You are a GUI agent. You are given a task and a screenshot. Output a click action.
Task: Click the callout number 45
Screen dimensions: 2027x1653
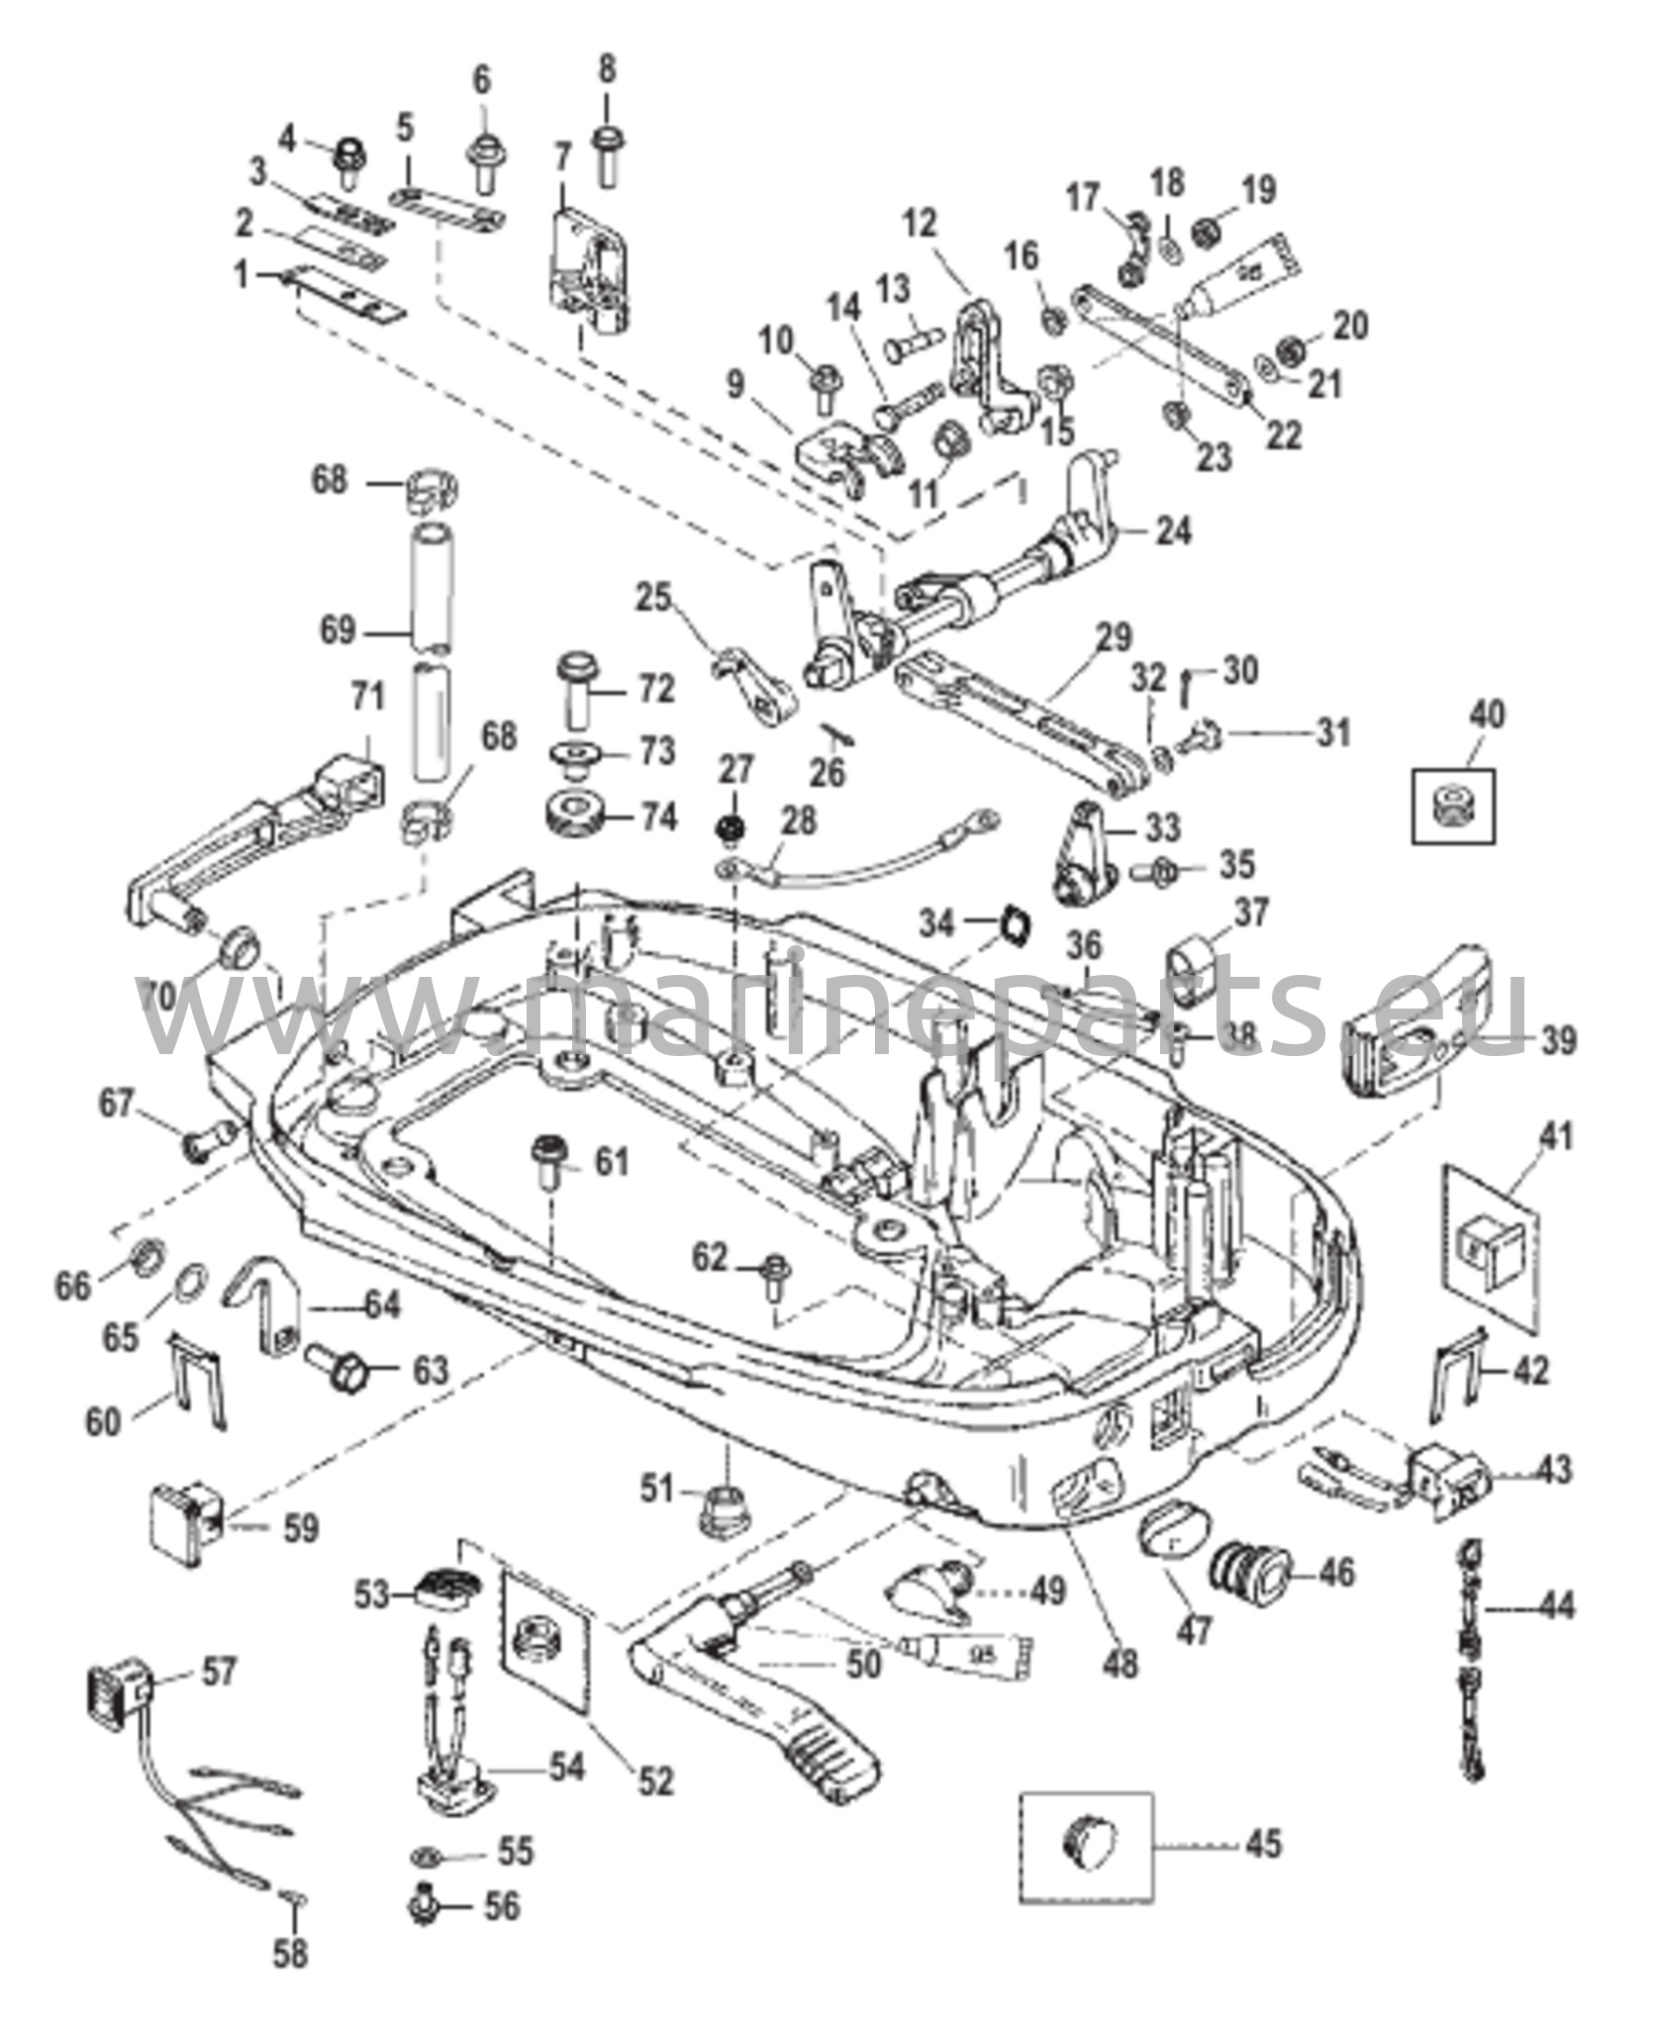[x=1262, y=1843]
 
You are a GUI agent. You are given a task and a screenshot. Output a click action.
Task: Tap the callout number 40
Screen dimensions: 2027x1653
[x=1488, y=714]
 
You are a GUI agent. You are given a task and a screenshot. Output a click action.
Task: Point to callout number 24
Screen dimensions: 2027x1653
[x=1174, y=531]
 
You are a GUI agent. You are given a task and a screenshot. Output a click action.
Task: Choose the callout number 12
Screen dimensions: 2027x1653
[x=920, y=224]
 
